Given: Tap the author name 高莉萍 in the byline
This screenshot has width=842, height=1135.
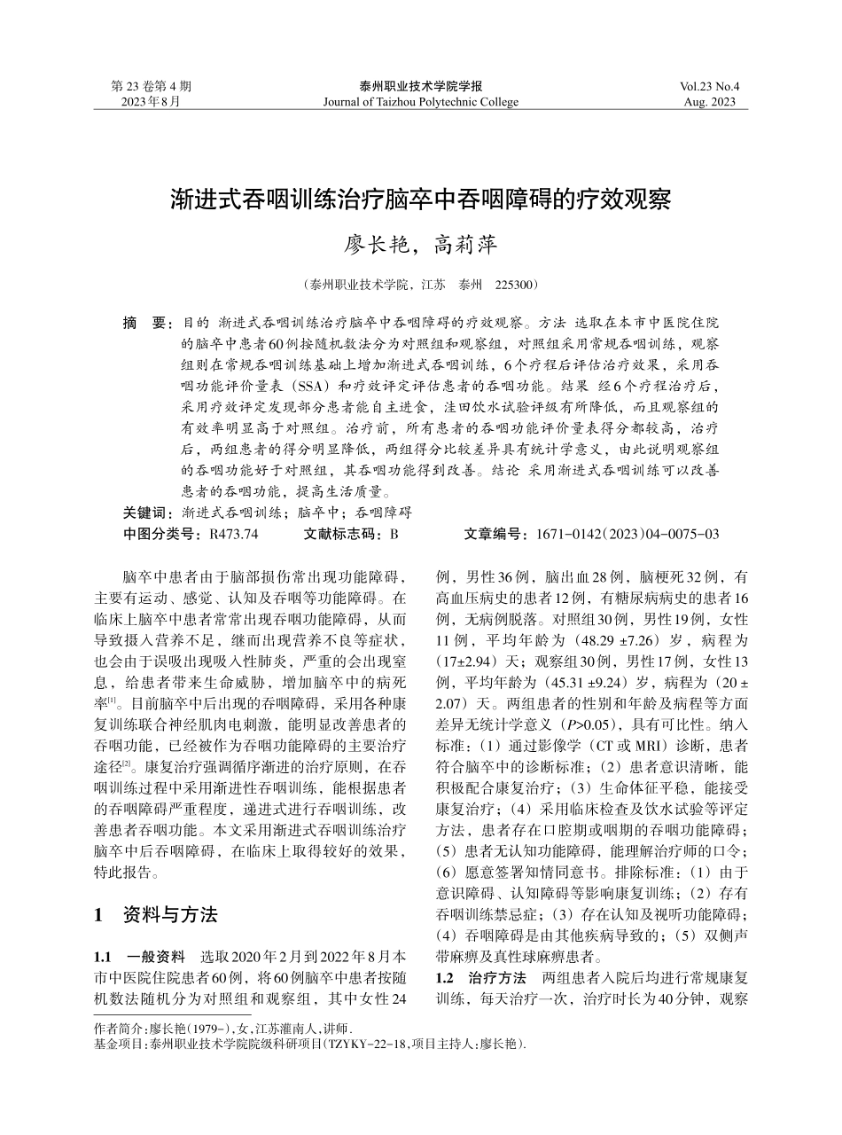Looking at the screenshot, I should [464, 244].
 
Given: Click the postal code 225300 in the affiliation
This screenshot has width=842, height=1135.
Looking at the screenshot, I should [515, 286].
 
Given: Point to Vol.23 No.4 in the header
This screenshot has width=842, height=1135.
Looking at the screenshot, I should [709, 87].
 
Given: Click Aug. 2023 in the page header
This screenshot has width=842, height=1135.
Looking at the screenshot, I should [710, 102].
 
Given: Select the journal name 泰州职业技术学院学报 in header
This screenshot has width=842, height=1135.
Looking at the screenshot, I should [421, 87].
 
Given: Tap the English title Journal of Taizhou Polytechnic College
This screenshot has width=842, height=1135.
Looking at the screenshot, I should [421, 102].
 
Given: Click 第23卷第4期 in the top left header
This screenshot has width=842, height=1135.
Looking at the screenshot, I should [151, 87].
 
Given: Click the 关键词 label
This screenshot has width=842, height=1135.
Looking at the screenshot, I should [147, 513].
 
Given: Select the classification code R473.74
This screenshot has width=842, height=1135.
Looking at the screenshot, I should [233, 534].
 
